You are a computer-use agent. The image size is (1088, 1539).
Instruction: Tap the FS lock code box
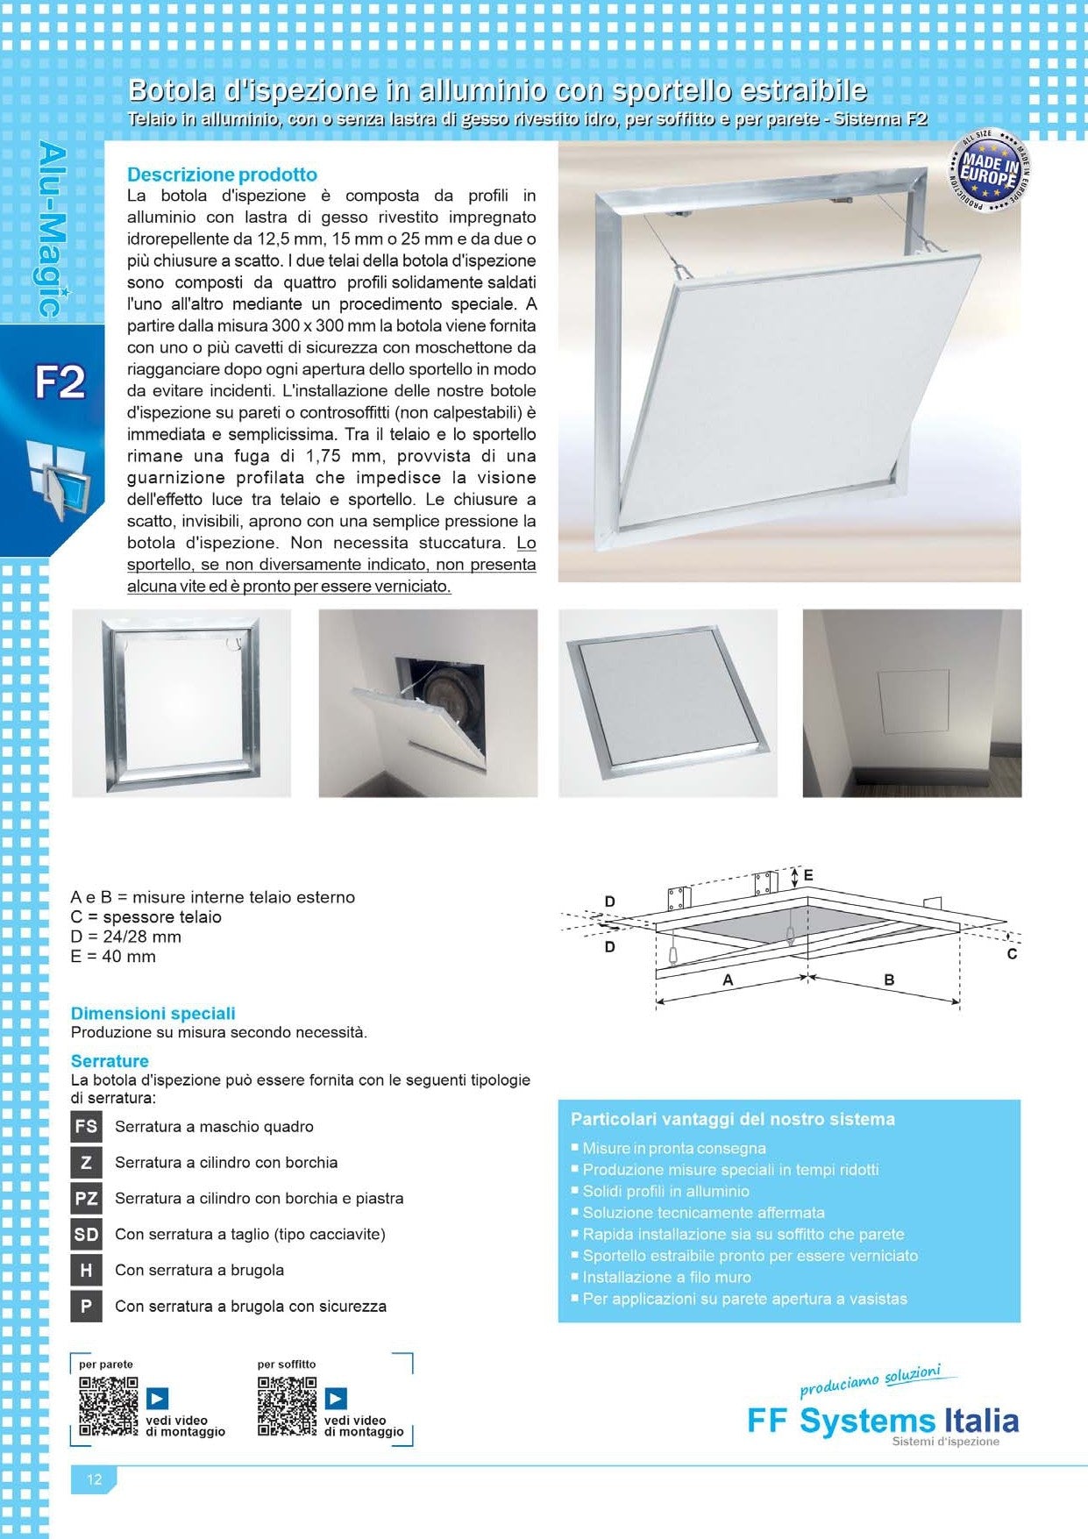pyautogui.click(x=86, y=1127)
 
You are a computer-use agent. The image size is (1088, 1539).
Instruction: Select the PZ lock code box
pyautogui.click(x=86, y=1198)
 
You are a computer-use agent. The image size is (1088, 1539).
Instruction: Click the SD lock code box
pyautogui.click(x=86, y=1234)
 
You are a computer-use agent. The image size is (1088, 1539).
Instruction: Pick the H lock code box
pyautogui.click(x=86, y=1270)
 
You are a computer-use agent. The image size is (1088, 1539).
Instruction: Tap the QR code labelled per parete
pyautogui.click(x=109, y=1406)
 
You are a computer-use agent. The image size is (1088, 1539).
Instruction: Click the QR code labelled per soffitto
pyautogui.click(x=287, y=1406)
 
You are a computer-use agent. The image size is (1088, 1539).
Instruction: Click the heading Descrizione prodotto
pyautogui.click(x=222, y=175)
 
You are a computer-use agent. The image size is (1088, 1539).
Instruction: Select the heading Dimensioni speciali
pyautogui.click(x=153, y=1014)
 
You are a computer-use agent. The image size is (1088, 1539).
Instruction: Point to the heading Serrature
pyautogui.click(x=110, y=1061)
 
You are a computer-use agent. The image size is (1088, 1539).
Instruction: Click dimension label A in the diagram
pyautogui.click(x=728, y=980)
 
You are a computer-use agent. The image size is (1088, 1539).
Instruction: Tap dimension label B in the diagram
pyautogui.click(x=889, y=980)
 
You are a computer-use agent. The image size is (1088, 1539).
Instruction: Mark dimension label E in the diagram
pyautogui.click(x=808, y=875)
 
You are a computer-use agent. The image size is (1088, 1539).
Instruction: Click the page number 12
pyautogui.click(x=94, y=1480)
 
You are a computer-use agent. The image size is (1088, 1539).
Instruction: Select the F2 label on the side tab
pyautogui.click(x=59, y=383)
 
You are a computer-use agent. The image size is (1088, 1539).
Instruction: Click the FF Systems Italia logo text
pyautogui.click(x=882, y=1421)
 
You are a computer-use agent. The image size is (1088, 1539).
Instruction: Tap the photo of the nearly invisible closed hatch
pyautogui.click(x=912, y=703)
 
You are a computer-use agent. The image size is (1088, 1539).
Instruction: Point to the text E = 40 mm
pyautogui.click(x=113, y=957)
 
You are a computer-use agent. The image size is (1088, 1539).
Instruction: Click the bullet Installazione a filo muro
pyautogui.click(x=666, y=1278)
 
